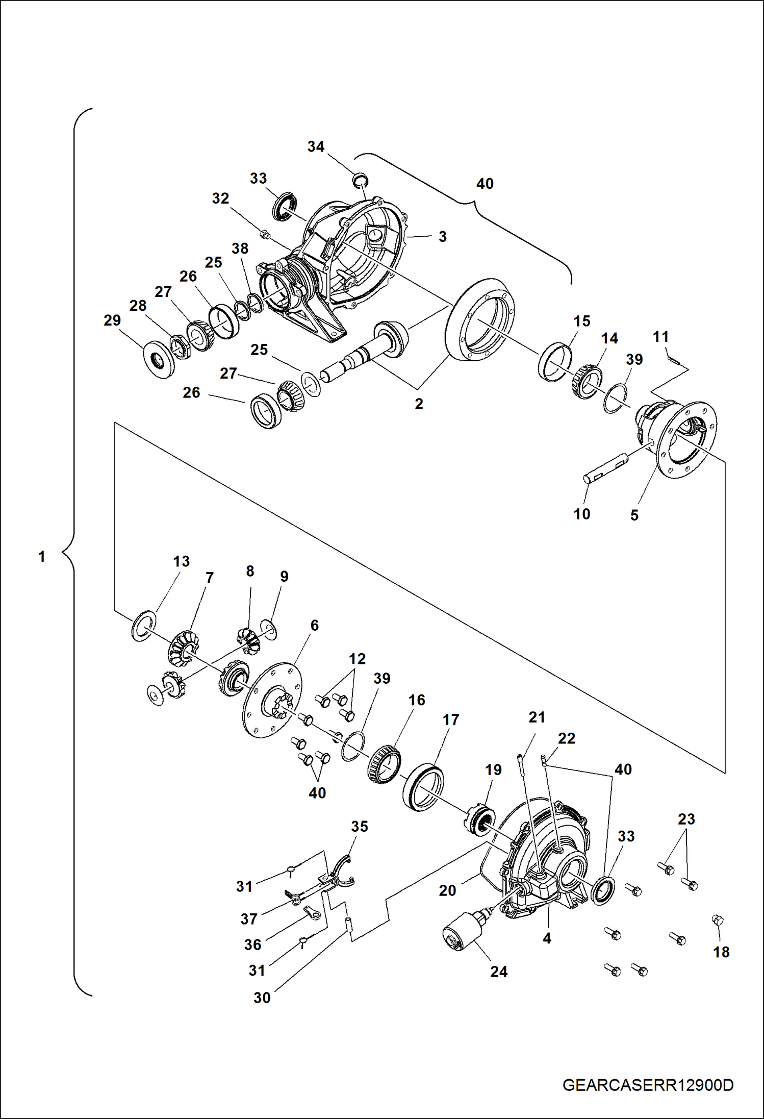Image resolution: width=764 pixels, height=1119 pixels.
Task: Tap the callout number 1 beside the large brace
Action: (x=42, y=556)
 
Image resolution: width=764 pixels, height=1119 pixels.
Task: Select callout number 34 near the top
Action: (x=316, y=147)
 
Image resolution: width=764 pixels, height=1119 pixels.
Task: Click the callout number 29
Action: (x=112, y=320)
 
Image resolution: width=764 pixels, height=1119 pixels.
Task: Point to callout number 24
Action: (x=499, y=972)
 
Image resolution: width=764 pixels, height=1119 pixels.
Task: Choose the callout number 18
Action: (x=721, y=952)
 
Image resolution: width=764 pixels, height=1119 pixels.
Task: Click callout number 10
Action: (x=582, y=514)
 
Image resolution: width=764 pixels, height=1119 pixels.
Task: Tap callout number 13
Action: (x=181, y=561)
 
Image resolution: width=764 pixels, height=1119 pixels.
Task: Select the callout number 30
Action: (x=262, y=998)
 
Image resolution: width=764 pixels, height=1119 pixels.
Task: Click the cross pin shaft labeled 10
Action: (x=606, y=468)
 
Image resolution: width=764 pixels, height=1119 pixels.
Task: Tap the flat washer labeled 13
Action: (x=144, y=625)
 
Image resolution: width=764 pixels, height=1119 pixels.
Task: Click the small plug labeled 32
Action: (x=264, y=234)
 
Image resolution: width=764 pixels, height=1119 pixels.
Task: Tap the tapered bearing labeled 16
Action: (x=385, y=763)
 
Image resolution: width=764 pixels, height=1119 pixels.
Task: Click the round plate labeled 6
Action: (x=272, y=700)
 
